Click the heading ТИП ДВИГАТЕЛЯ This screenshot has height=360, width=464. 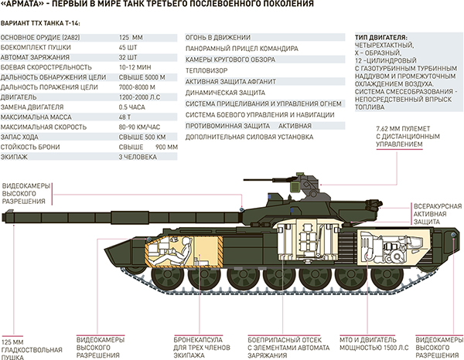click(383, 37)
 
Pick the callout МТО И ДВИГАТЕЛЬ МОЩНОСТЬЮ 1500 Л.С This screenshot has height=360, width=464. click(362, 344)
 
